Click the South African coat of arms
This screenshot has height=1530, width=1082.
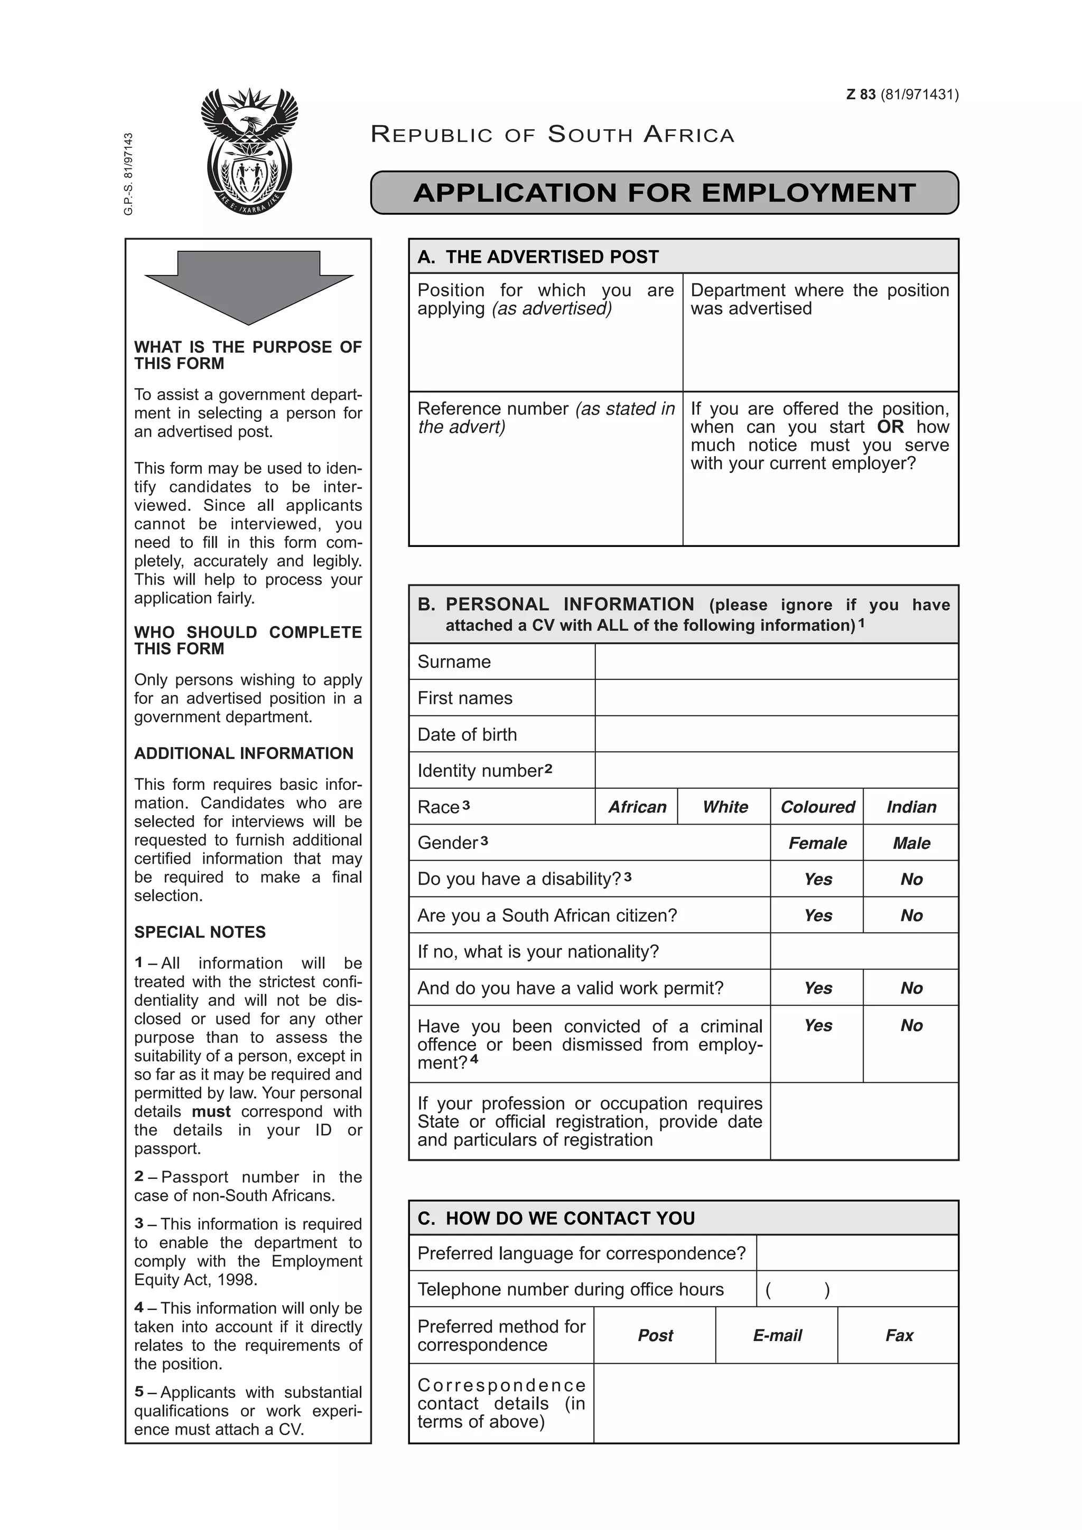coord(249,152)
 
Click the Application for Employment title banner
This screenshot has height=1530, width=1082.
coord(664,193)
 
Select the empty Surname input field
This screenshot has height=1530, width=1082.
coord(776,662)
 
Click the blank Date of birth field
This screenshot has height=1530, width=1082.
coord(776,734)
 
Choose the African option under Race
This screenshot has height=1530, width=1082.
coord(637,807)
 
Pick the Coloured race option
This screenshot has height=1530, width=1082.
coord(817,807)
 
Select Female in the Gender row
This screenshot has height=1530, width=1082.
coord(817,843)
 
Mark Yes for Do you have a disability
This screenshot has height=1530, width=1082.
coord(817,879)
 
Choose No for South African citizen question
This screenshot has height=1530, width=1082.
coord(911,915)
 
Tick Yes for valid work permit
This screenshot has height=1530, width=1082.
coord(817,988)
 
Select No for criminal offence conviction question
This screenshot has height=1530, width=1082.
coord(911,1026)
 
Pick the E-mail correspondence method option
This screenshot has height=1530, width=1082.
coord(777,1335)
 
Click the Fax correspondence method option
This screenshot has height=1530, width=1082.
coord(899,1335)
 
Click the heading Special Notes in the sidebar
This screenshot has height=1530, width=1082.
coord(200,932)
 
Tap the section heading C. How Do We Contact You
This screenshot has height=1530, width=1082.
coord(556,1218)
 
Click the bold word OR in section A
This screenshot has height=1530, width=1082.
coord(890,427)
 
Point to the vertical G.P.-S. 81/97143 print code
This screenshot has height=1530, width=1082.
coord(129,174)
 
